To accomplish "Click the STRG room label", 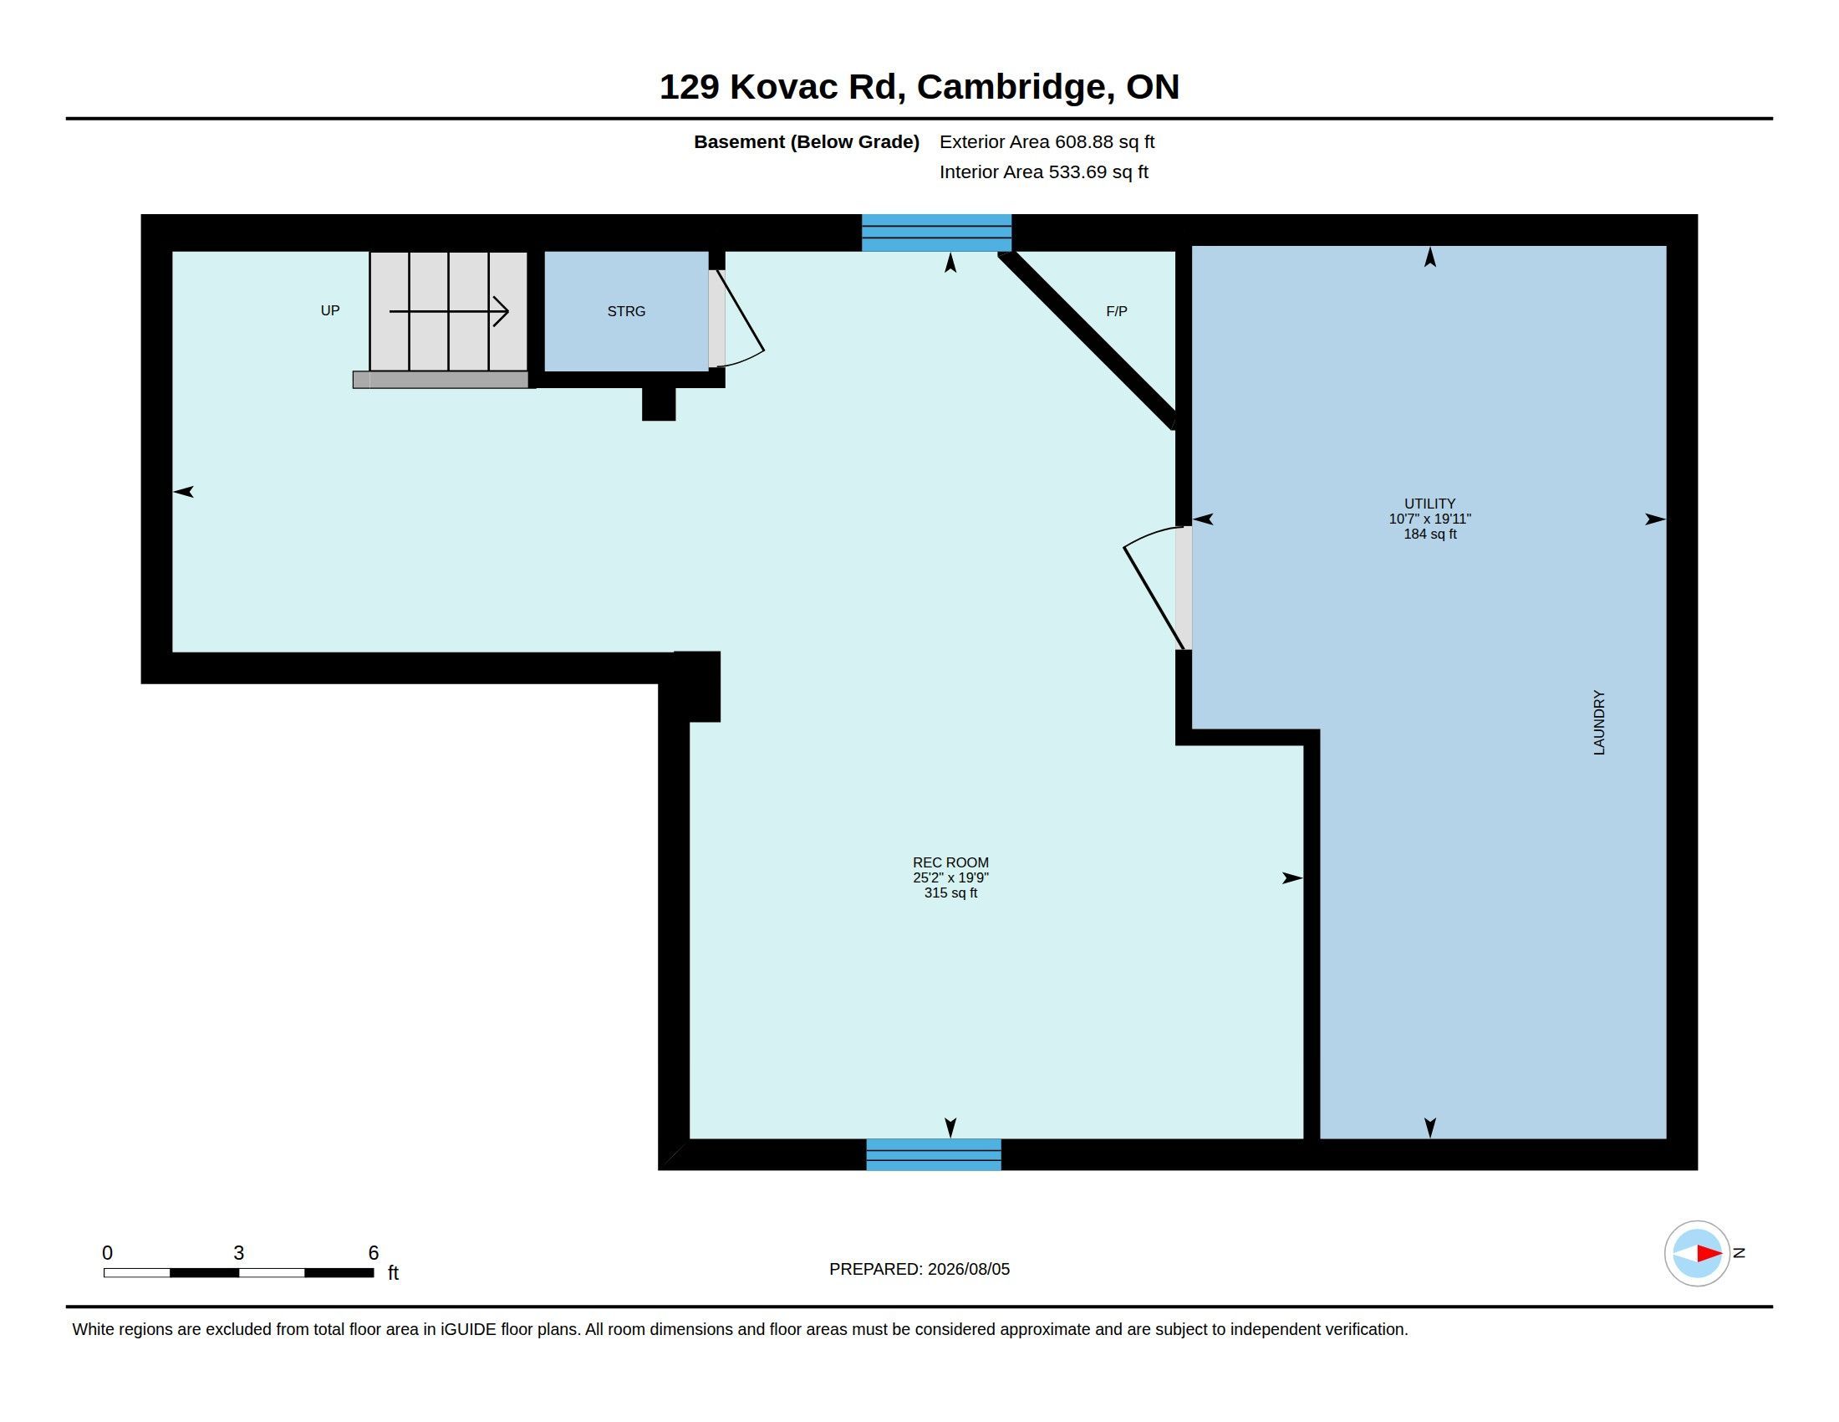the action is coord(625,312).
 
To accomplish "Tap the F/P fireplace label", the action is coord(1117,312).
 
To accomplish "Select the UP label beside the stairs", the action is coord(330,311).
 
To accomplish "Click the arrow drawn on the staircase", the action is coord(449,312).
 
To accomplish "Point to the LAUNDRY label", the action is coord(1599,722).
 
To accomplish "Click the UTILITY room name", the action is coord(1429,504).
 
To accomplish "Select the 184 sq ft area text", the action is coord(1429,535).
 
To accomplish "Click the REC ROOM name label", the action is coord(950,862).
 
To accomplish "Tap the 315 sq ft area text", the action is coord(950,893).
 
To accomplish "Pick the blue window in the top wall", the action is coord(936,233).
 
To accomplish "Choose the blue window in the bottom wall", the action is coord(934,1154).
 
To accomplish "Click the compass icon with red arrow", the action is coord(1697,1254).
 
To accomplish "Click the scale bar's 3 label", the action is coord(239,1253).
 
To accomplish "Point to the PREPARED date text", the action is coord(919,1269).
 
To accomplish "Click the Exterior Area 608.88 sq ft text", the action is coord(1047,142).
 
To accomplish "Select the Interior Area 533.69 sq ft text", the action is coord(1044,172).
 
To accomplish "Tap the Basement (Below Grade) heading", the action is coord(807,142).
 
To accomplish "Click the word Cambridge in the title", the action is coord(1011,87).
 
